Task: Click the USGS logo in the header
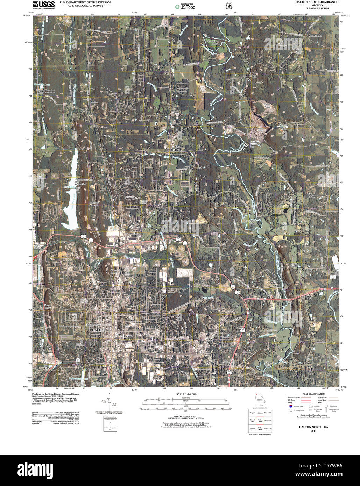coord(43,5)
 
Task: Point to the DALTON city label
coord(98,330)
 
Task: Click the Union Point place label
coord(209,341)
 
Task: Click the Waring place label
coord(107,136)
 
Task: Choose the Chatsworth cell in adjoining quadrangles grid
coord(268,421)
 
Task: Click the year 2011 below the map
coord(313,431)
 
